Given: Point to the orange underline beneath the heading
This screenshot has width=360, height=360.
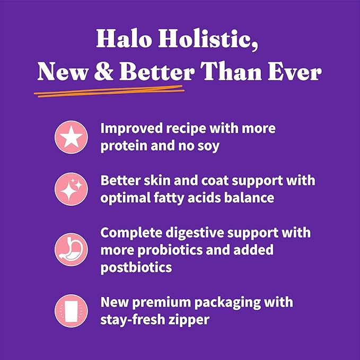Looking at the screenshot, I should pyautogui.click(x=109, y=92).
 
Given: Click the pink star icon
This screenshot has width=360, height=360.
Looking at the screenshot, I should pyautogui.click(x=72, y=137).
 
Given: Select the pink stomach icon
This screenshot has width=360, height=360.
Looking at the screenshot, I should pyautogui.click(x=72, y=249).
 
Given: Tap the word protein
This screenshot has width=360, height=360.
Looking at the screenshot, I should pyautogui.click(x=122, y=145).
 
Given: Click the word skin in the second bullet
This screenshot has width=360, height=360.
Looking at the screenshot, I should pyautogui.click(x=157, y=181).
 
